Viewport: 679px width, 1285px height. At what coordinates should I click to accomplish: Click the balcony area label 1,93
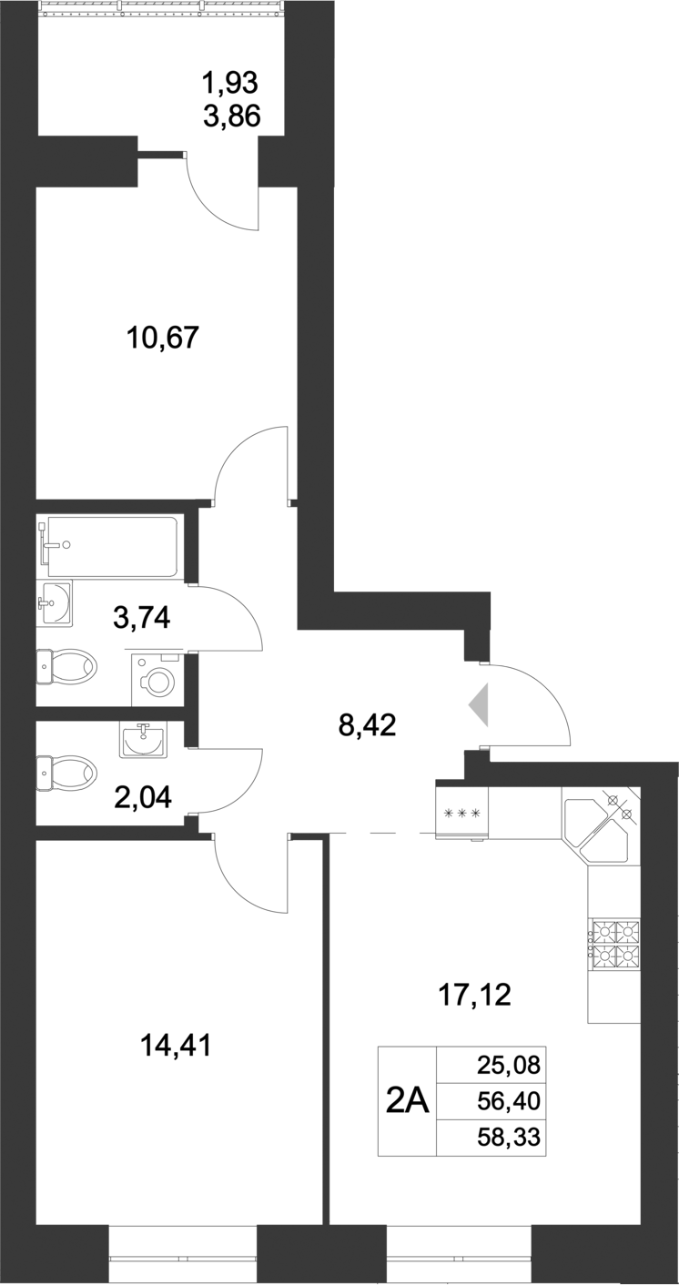tap(230, 83)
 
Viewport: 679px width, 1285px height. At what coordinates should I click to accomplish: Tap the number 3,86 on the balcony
tap(232, 116)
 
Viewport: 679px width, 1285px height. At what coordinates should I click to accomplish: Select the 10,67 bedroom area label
tap(162, 339)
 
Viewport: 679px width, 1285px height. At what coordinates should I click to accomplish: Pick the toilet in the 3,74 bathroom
tap(67, 667)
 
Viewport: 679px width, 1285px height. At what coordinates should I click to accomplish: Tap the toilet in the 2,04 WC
tap(67, 774)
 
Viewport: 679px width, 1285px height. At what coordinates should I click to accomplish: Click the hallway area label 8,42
tap(367, 727)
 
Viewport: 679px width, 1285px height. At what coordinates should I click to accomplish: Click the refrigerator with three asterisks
tap(461, 813)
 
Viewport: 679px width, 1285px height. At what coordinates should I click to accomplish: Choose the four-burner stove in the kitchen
tap(615, 943)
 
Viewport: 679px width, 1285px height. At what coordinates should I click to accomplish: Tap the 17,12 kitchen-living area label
tap(475, 996)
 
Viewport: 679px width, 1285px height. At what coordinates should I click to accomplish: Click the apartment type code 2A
tap(407, 1101)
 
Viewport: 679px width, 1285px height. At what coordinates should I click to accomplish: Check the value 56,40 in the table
tap(508, 1101)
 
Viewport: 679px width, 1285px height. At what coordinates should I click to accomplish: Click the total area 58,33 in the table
tap(508, 1138)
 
